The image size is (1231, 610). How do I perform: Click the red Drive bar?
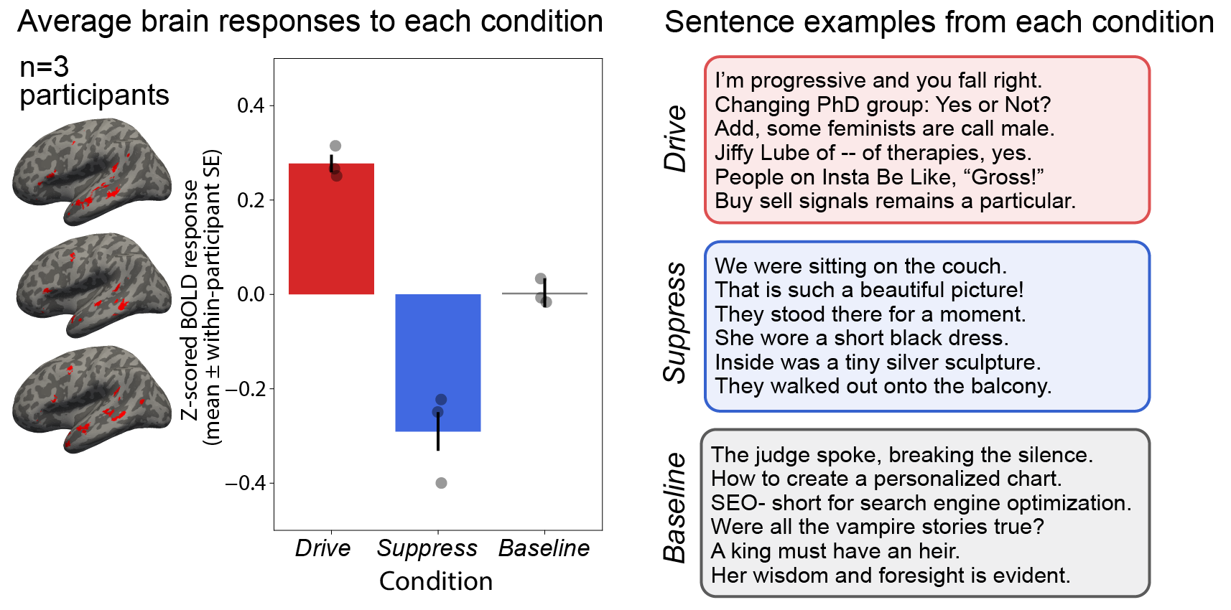(x=331, y=228)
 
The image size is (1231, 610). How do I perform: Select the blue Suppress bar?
(x=438, y=362)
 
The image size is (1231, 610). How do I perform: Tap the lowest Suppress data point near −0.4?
(x=441, y=483)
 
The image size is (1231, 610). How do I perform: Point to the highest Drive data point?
(x=335, y=146)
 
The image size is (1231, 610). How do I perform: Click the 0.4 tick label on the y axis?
(x=251, y=105)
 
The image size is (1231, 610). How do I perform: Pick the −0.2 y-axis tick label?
(x=245, y=389)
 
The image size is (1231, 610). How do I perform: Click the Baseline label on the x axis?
(x=544, y=548)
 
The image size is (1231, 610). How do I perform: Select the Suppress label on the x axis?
(x=427, y=549)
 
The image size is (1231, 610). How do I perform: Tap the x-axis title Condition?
(x=436, y=581)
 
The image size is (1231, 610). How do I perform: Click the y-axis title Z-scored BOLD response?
(x=190, y=301)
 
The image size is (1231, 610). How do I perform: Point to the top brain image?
(x=92, y=172)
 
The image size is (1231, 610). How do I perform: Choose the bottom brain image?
(x=92, y=399)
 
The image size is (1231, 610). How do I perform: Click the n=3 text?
(x=44, y=67)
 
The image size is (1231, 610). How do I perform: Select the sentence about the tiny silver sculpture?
(x=878, y=362)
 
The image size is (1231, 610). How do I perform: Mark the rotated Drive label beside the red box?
(x=675, y=139)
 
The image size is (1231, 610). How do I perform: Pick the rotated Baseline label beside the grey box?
(x=675, y=508)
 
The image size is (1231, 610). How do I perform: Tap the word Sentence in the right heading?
(x=729, y=22)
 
